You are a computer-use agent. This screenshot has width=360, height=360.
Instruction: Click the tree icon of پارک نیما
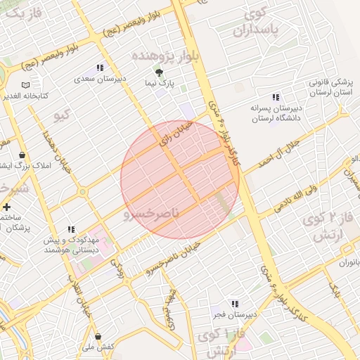tap(160, 72)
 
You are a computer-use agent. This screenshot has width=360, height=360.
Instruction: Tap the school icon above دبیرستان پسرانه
tap(275, 97)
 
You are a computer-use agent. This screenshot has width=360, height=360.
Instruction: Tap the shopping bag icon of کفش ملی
tap(98, 335)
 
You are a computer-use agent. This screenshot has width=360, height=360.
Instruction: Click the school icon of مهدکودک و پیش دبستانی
tap(70, 229)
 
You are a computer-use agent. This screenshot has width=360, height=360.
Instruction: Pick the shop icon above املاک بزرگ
tap(23, 155)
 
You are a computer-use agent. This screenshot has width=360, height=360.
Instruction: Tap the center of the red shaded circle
tap(180, 179)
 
